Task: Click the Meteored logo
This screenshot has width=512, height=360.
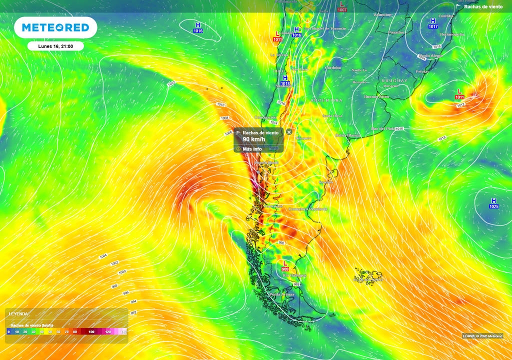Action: tap(55, 27)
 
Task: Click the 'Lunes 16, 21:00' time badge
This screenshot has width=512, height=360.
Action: tap(55, 46)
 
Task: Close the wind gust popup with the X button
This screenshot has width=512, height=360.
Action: tap(289, 132)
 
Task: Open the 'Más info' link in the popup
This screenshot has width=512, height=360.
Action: tap(252, 149)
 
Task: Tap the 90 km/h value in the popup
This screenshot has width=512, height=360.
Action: tap(254, 139)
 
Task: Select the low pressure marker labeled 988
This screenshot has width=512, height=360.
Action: tap(285, 265)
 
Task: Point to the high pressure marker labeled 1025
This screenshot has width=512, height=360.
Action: tap(493, 203)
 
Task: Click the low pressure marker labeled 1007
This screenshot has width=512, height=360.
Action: tap(342, 6)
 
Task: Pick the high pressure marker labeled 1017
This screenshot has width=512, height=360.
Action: tap(433, 23)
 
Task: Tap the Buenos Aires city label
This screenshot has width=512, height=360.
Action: tap(376, 96)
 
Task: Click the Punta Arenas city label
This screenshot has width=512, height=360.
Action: tap(282, 294)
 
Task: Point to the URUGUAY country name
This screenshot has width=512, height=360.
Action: tap(394, 80)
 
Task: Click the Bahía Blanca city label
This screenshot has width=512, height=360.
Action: tap(347, 135)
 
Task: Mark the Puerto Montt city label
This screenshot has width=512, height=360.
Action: tap(266, 163)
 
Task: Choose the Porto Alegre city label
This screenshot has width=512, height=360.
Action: tap(431, 55)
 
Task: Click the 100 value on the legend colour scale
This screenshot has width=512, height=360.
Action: tap(91, 331)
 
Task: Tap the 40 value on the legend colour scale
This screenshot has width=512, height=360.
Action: tap(42, 331)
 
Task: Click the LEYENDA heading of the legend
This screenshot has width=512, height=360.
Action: tap(18, 314)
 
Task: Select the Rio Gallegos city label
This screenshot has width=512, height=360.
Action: tap(294, 275)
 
